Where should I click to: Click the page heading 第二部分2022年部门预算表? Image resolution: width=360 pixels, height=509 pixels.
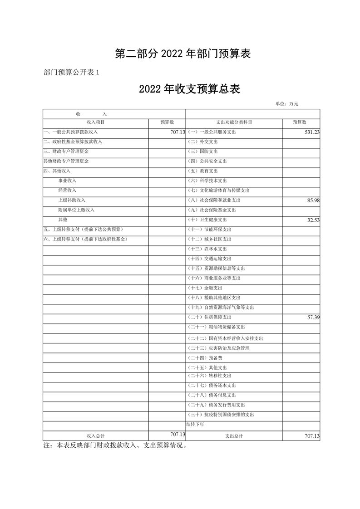pos(183,54)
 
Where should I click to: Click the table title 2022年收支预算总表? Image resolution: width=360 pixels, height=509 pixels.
pos(189,89)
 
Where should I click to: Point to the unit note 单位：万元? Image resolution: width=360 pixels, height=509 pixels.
pos(286,104)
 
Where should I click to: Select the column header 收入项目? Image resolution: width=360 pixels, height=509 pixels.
pos(96,122)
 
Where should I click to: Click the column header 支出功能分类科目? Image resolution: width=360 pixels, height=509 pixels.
pos(234,122)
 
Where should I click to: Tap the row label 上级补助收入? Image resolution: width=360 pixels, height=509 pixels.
pos(72,200)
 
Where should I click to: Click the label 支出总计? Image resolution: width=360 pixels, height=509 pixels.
pos(234,436)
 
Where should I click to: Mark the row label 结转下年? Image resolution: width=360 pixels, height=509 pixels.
pos(195,425)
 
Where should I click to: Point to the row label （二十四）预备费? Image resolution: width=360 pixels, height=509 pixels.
pos(205,358)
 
